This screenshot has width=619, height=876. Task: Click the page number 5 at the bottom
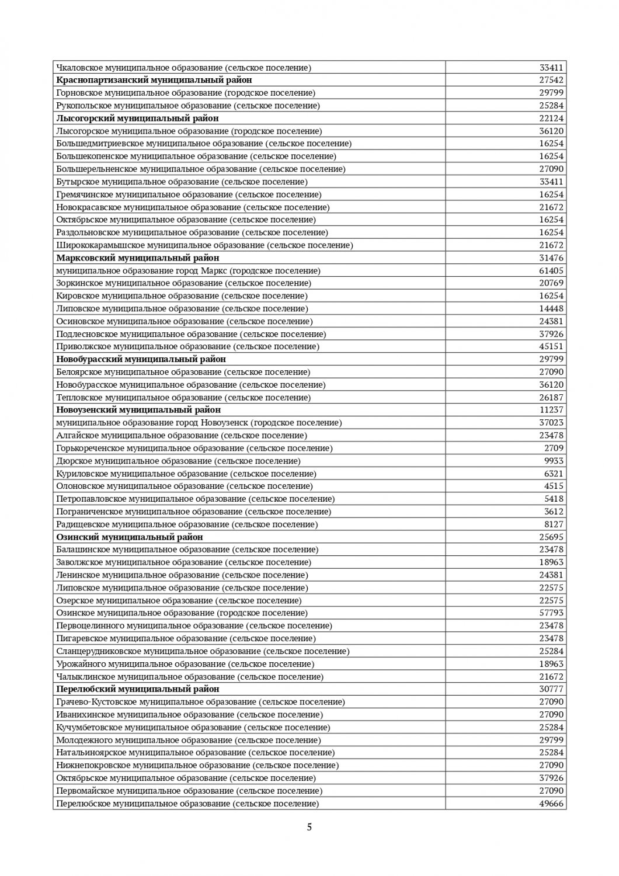[309, 827]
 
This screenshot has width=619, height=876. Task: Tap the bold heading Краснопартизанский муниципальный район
[154, 80]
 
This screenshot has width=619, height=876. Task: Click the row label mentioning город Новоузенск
[199, 422]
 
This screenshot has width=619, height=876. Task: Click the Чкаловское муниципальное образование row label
[183, 68]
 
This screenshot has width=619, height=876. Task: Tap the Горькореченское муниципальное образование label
[194, 448]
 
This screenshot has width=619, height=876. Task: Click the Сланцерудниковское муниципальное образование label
[203, 651]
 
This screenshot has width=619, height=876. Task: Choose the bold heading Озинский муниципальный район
[130, 537]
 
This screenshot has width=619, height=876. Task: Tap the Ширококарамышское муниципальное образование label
[204, 245]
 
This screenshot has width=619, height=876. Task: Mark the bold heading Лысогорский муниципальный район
[137, 119]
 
